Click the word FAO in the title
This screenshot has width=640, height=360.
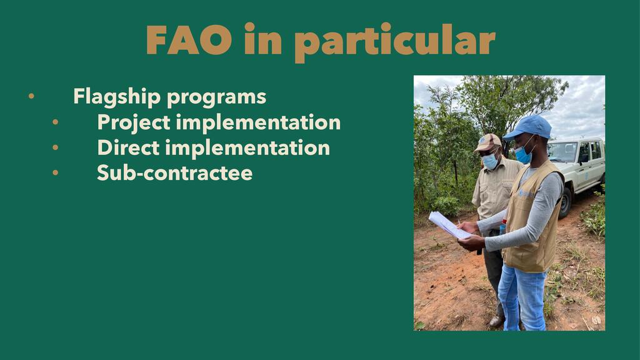pyautogui.click(x=189, y=39)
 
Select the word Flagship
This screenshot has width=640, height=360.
pyautogui.click(x=117, y=97)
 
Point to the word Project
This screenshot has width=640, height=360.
pyautogui.click(x=134, y=123)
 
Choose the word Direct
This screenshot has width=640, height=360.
pyautogui.click(x=128, y=147)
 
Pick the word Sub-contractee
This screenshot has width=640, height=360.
pyautogui.click(x=175, y=173)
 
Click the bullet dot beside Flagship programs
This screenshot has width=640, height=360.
pyautogui.click(x=31, y=96)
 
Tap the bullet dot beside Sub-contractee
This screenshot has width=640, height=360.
pyautogui.click(x=55, y=172)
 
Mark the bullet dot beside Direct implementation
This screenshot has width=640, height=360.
pyautogui.click(x=55, y=147)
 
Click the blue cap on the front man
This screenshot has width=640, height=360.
pyautogui.click(x=528, y=127)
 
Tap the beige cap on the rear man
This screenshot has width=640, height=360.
pyautogui.click(x=487, y=142)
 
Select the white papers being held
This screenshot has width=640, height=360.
pyautogui.click(x=449, y=225)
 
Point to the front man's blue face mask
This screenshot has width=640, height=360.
pyautogui.click(x=523, y=154)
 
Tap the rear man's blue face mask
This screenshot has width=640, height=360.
pyautogui.click(x=490, y=161)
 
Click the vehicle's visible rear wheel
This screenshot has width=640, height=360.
pyautogui.click(x=565, y=202)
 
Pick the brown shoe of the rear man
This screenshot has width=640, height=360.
pyautogui.click(x=497, y=321)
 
